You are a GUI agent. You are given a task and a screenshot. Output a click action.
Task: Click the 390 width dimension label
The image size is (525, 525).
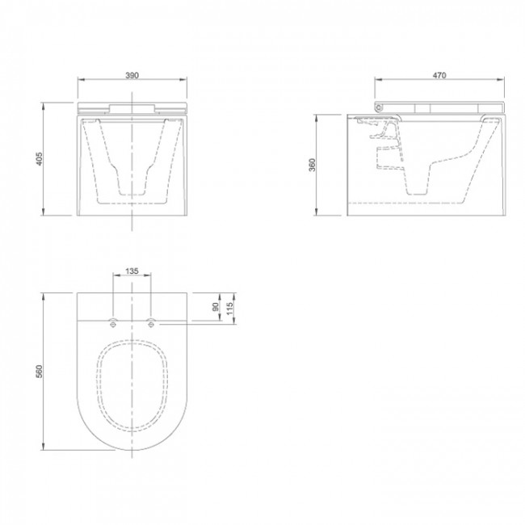132,74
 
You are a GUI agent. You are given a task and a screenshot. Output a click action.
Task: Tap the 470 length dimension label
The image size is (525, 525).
439,74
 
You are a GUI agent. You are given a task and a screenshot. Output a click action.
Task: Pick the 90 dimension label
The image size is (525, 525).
215,307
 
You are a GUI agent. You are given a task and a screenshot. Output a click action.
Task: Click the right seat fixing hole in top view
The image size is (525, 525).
150,325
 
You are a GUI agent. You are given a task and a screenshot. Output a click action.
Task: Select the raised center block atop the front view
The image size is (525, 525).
132,107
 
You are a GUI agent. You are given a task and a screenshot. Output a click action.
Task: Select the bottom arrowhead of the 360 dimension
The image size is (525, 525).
319,214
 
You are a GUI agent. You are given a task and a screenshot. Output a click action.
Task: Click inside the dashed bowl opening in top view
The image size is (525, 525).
132,384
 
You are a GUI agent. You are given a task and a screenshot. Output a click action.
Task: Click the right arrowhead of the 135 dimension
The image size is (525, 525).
149,279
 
